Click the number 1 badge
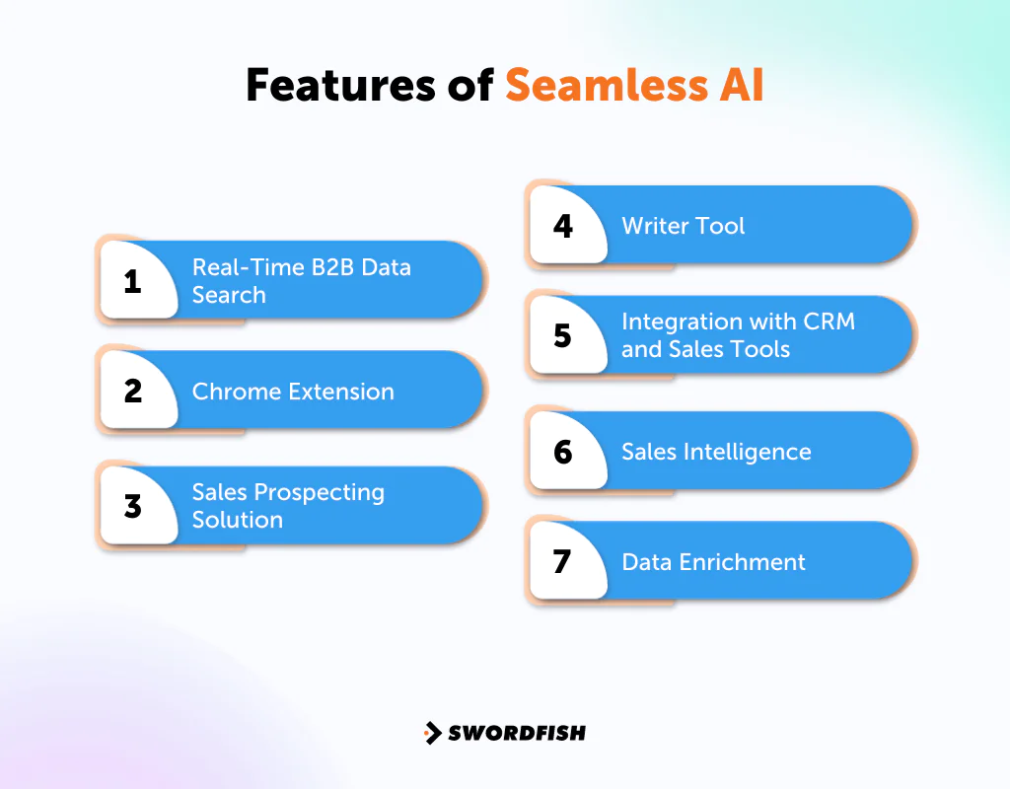133,282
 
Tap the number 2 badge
133,392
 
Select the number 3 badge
133,507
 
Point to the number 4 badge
563,226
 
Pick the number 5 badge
563,336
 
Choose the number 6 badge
563,452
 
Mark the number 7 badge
563,562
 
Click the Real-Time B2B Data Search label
301,281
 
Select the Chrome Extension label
293,392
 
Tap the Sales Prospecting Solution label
288,506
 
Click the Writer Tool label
683,226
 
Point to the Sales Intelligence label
716,452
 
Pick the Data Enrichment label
713,562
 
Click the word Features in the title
342,86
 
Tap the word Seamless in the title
604,86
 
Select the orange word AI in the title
739,86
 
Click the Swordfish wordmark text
517,733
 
